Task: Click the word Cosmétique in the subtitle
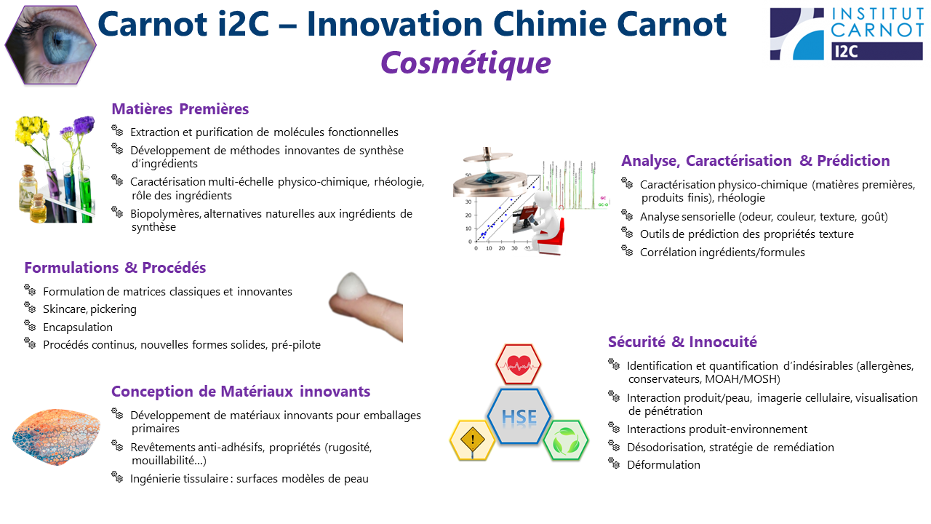coord(465,63)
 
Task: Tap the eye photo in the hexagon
coord(50,45)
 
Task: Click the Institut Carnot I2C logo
coord(846,34)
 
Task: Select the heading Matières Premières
coord(180,109)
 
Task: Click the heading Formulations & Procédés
coord(115,267)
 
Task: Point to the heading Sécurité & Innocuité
coord(682,342)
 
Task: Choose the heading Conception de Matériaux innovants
coord(241,392)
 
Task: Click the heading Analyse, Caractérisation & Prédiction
coord(755,161)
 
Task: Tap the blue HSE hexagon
coord(519,416)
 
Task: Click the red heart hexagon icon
coord(519,365)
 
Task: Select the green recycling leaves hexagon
coord(566,440)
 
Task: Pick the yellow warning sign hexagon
coord(472,440)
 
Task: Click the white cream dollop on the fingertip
coord(351,286)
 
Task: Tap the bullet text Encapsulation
coord(78,327)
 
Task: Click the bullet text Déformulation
coord(663,464)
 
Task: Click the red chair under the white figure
coord(551,237)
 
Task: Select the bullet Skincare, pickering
coord(89,309)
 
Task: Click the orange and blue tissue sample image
coord(57,436)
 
